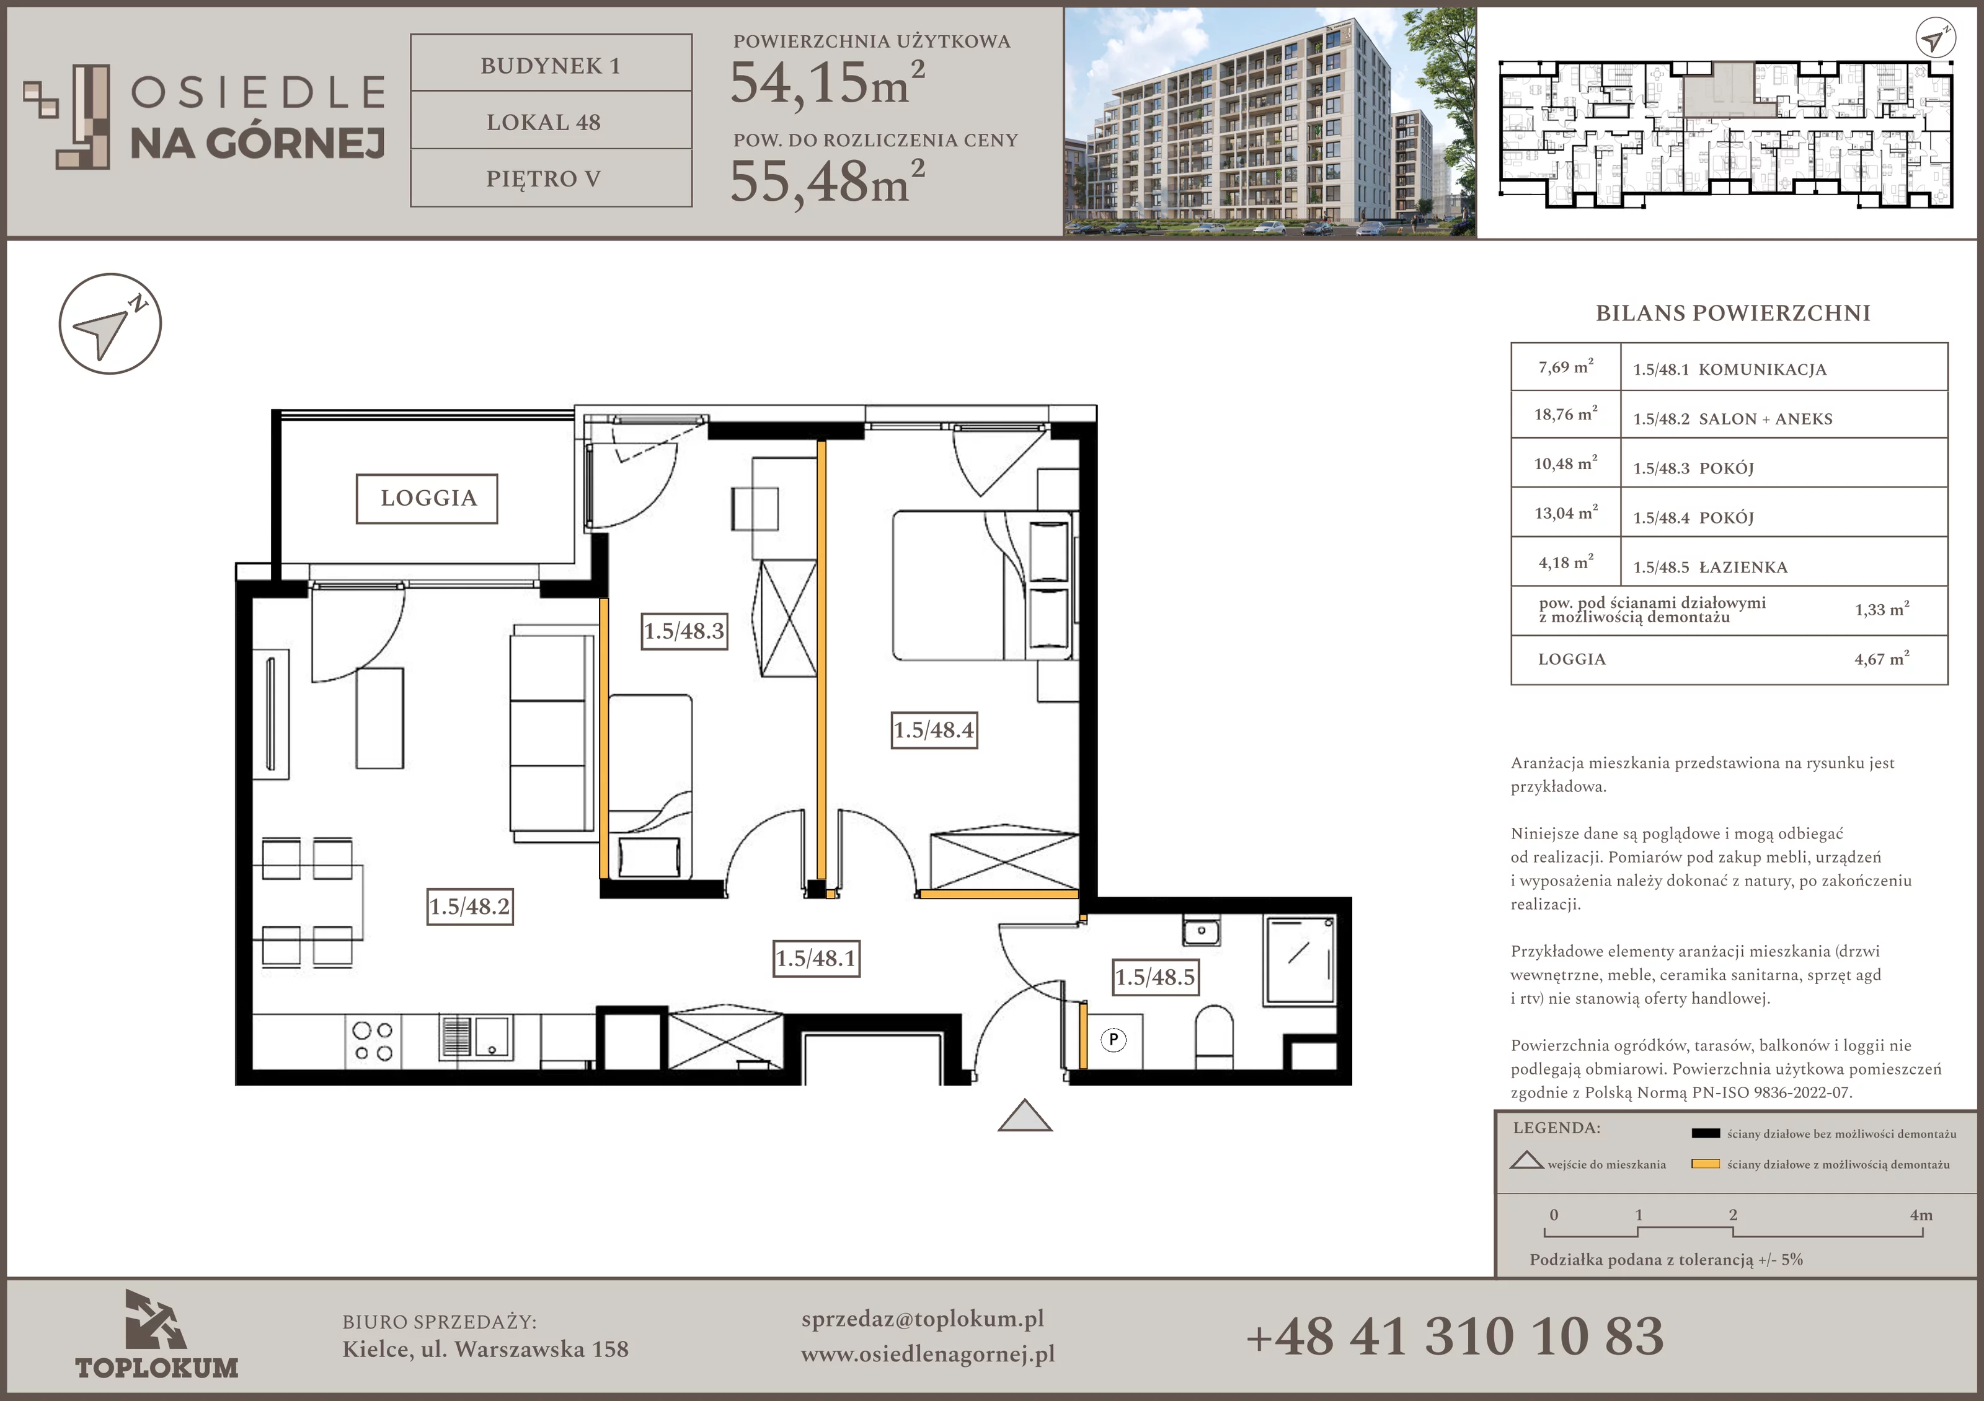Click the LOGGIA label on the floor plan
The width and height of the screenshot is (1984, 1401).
pyautogui.click(x=427, y=498)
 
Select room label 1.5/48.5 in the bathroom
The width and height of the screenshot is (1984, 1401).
pyautogui.click(x=1155, y=977)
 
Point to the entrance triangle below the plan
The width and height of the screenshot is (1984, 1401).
pyautogui.click(x=1025, y=1115)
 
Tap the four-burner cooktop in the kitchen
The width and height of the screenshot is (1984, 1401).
pyautogui.click(x=373, y=1042)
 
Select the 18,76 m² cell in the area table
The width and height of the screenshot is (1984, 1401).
pyautogui.click(x=1565, y=415)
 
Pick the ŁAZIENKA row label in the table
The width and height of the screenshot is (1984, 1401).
pyautogui.click(x=1743, y=568)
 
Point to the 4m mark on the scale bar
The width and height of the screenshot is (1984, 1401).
pyautogui.click(x=1921, y=1215)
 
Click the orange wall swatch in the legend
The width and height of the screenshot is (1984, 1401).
pyautogui.click(x=1706, y=1164)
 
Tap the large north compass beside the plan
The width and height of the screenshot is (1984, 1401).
pyautogui.click(x=110, y=324)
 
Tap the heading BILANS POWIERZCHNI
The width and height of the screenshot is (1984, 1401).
pyautogui.click(x=1732, y=313)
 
